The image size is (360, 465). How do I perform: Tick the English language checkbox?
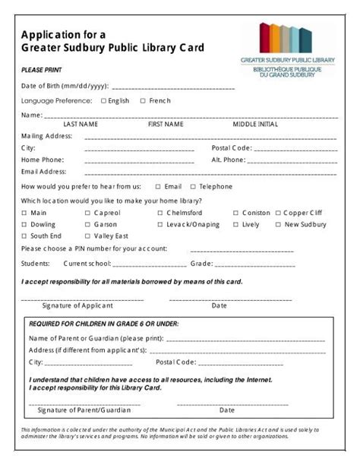[103, 100]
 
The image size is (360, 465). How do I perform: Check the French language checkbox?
[143, 100]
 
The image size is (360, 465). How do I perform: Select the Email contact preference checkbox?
[158, 186]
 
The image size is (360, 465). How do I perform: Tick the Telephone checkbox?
[193, 186]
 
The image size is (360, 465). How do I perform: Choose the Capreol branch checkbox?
[88, 214]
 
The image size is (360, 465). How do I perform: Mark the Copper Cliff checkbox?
[278, 214]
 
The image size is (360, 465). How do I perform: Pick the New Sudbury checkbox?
[278, 225]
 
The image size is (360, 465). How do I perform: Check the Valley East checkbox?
[88, 236]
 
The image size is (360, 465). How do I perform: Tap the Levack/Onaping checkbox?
[160, 225]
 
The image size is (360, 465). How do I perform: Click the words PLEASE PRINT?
[37, 69]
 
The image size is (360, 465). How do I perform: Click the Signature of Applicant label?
[77, 305]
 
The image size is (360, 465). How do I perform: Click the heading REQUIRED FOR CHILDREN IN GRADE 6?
[103, 324]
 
